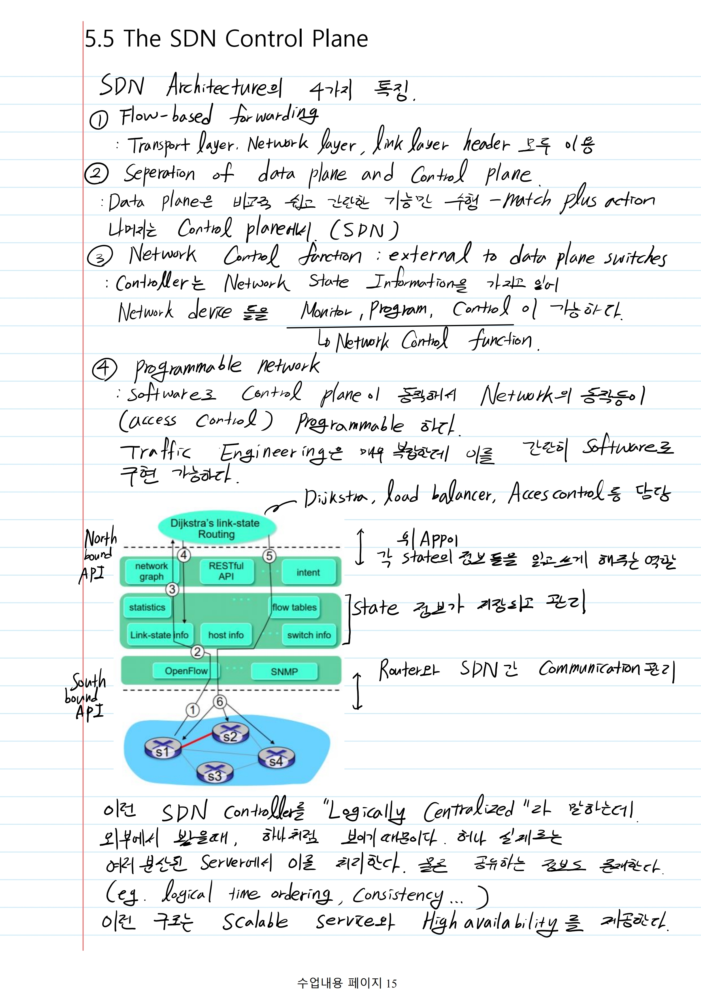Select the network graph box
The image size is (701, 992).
click(x=151, y=571)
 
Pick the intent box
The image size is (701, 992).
click(x=308, y=572)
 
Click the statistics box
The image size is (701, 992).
click(x=147, y=607)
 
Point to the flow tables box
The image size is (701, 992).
click(x=294, y=607)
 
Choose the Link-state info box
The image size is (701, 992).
click(x=159, y=635)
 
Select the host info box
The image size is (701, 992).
click(x=226, y=635)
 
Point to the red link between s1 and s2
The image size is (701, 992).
click(x=197, y=740)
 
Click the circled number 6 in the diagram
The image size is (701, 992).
click(x=220, y=702)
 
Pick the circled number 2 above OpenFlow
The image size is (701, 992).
click(x=197, y=651)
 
